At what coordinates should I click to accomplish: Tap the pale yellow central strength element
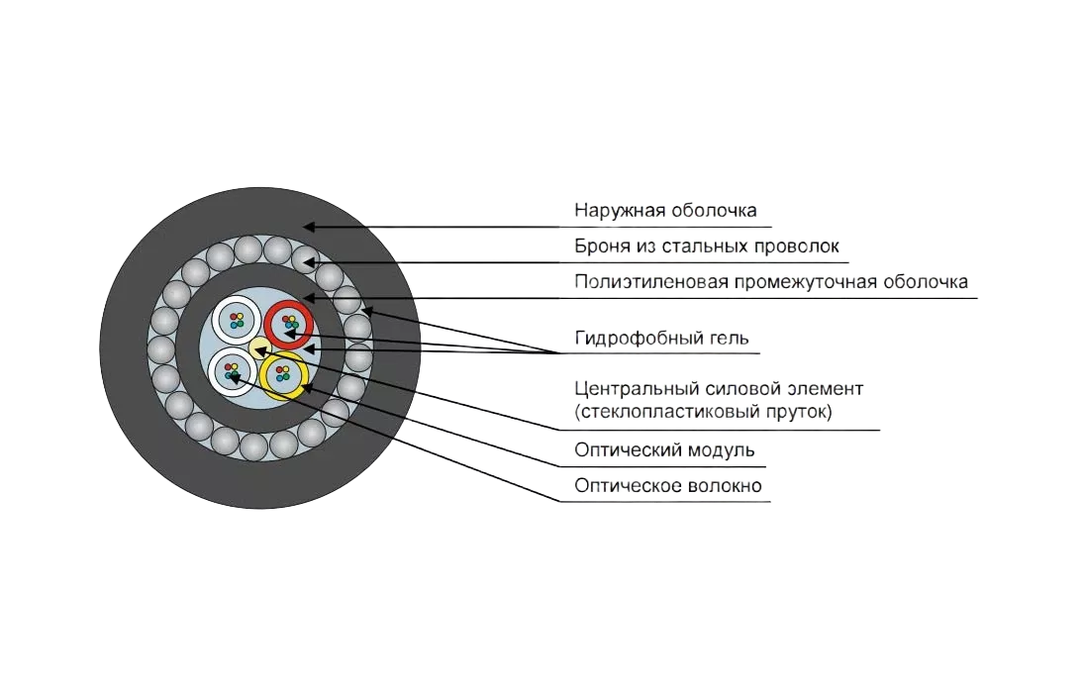click(258, 346)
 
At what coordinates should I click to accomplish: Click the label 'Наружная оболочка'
click(665, 211)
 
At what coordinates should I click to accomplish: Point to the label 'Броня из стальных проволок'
click(707, 246)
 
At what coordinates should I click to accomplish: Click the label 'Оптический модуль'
click(665, 450)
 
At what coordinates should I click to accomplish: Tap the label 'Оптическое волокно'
click(668, 486)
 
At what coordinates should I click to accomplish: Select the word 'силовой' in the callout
click(732, 388)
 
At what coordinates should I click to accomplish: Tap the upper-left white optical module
click(237, 319)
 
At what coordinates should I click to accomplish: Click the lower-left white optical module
click(232, 373)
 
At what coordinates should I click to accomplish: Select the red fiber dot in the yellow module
click(280, 371)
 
